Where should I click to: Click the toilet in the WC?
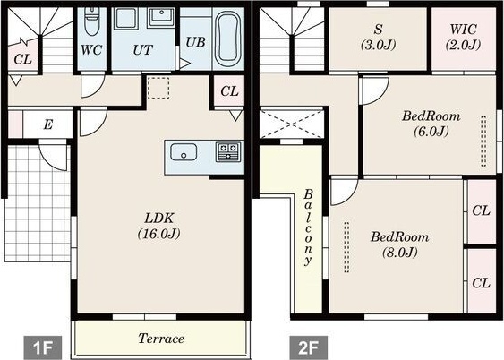point(91,21)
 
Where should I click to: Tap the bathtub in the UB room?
point(228,39)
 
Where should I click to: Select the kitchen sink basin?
point(184,151)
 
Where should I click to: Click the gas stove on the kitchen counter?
point(228,151)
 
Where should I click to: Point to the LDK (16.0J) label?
point(158,226)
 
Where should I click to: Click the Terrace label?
point(161,339)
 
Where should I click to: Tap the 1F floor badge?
point(43,347)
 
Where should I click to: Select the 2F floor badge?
point(309,347)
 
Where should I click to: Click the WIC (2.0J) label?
point(463,37)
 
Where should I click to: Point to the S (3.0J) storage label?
point(378,37)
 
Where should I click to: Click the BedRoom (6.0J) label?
point(431,123)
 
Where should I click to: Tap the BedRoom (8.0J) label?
point(399,244)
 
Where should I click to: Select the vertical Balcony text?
point(308,227)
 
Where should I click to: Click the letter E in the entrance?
point(48,124)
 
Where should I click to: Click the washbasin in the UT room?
point(161,17)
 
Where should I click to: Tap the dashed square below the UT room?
point(158,88)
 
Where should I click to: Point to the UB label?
point(195,42)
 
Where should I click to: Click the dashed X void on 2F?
point(292,124)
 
